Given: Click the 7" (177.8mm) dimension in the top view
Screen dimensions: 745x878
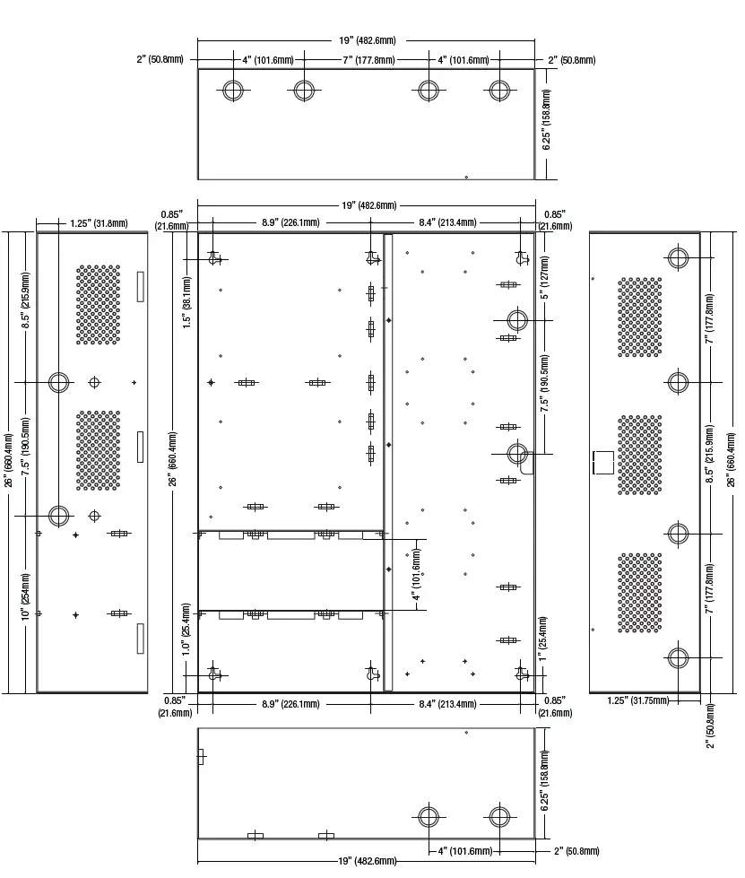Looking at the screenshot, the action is tap(368, 60).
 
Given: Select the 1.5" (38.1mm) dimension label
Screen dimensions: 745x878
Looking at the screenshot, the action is tap(187, 302).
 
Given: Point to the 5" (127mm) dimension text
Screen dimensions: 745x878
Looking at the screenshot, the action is tap(544, 278).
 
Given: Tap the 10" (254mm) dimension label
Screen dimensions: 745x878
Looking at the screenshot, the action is tap(26, 596).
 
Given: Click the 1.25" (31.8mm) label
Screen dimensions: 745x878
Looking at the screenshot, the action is tap(100, 223).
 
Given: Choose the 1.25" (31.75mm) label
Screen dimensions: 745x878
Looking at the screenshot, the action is tap(638, 700).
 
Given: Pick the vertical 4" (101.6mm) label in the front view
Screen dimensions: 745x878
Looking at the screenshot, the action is tap(417, 575).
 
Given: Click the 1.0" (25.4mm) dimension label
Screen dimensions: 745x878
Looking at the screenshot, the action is tap(186, 629).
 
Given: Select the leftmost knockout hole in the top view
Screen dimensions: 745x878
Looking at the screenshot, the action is tap(233, 90).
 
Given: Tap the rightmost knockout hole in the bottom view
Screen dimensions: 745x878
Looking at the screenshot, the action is tap(499, 816).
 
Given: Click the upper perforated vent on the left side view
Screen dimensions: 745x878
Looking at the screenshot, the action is tap(99, 305).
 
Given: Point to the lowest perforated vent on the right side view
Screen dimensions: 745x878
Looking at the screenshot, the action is tap(640, 593).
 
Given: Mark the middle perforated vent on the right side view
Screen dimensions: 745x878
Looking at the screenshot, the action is tap(640, 455).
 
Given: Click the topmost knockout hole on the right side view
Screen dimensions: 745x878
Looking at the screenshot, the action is tap(677, 257).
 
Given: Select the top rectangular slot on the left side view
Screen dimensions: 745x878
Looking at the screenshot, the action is tap(141, 287).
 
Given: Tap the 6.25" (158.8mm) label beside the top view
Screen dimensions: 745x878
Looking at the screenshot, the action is tap(546, 119).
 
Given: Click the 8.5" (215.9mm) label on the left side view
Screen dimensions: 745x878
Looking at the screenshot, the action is tap(26, 300).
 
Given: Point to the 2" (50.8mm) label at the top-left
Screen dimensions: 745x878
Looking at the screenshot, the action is tap(160, 59).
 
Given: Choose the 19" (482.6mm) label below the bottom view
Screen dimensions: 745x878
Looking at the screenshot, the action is tap(368, 861).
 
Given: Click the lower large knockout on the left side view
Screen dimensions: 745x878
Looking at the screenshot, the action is tap(59, 516).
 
